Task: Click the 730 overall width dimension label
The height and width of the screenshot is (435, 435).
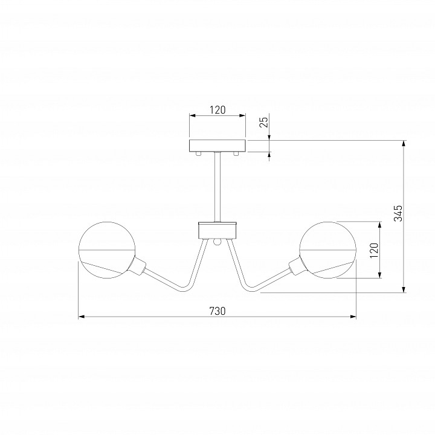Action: (x=217, y=311)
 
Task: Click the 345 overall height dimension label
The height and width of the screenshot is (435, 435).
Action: (x=398, y=213)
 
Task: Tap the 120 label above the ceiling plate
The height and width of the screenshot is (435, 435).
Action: (x=217, y=110)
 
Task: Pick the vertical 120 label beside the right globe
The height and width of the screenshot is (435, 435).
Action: (x=374, y=250)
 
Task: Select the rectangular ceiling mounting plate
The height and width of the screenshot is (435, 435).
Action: (x=217, y=146)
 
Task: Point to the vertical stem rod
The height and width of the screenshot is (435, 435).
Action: (x=217, y=187)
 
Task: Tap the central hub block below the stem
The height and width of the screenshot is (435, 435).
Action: (x=217, y=230)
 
